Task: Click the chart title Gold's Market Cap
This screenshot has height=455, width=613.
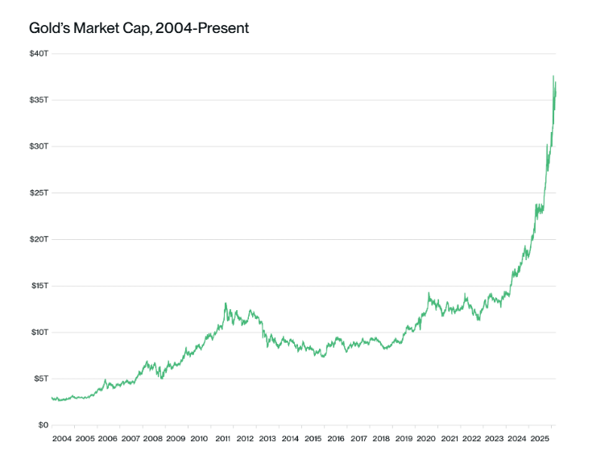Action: (139, 28)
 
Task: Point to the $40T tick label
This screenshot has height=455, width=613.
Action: (39, 54)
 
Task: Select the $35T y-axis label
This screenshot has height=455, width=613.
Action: (39, 100)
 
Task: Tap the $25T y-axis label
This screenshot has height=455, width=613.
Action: (39, 193)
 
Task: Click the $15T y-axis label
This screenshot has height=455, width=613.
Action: (39, 286)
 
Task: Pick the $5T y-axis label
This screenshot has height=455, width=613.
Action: (41, 378)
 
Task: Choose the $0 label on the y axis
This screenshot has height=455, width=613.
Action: (43, 425)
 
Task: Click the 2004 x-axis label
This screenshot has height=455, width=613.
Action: (62, 440)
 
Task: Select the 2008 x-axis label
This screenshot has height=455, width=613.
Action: (153, 440)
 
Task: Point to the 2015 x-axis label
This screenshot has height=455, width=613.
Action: (313, 440)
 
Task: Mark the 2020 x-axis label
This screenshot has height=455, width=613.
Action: (426, 440)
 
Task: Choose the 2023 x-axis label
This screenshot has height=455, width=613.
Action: (495, 440)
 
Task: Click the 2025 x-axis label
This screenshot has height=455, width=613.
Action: (540, 440)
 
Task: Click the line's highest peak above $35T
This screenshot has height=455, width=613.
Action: (553, 77)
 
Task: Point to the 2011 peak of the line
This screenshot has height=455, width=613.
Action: (226, 304)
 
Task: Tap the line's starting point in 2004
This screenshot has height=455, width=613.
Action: (52, 398)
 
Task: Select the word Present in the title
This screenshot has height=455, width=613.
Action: (222, 28)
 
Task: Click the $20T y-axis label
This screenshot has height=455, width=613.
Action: (39, 239)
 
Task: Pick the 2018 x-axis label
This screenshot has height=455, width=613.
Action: (381, 440)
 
